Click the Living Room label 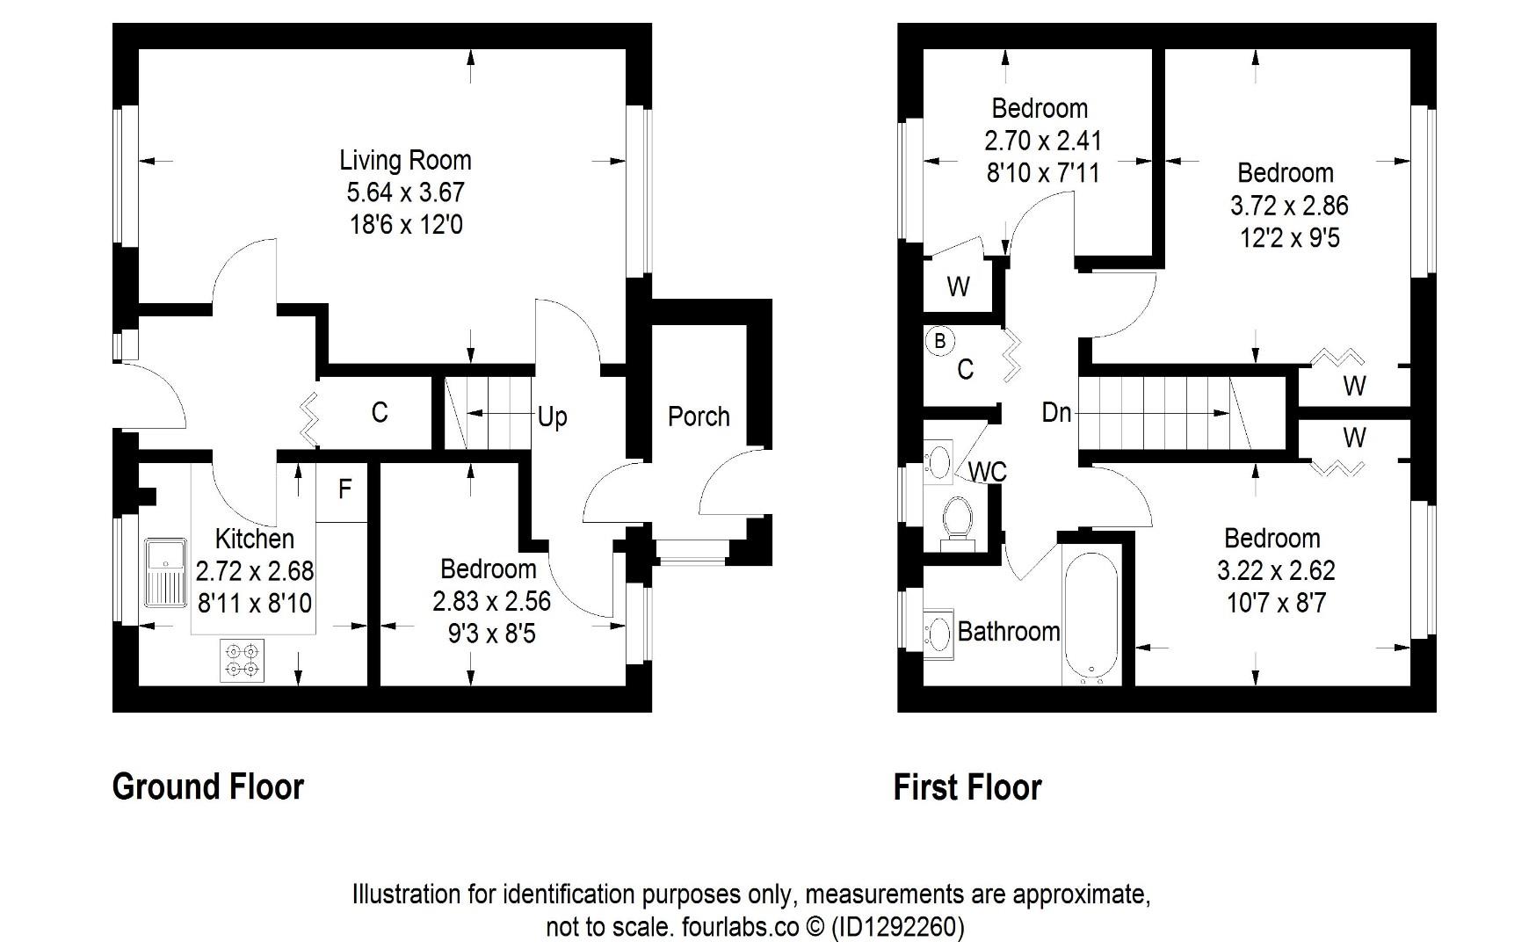405,161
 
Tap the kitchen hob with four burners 242,660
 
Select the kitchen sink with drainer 165,572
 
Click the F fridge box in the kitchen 344,489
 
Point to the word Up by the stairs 552,417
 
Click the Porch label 699,417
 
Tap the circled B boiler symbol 939,341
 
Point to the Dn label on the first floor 1056,412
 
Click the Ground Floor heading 208,786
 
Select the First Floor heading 967,787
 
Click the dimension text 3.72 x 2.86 1288,206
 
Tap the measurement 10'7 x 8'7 1276,604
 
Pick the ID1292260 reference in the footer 897,927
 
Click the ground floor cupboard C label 380,412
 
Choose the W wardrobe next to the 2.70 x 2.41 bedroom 958,286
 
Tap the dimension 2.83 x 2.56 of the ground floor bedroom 491,601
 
